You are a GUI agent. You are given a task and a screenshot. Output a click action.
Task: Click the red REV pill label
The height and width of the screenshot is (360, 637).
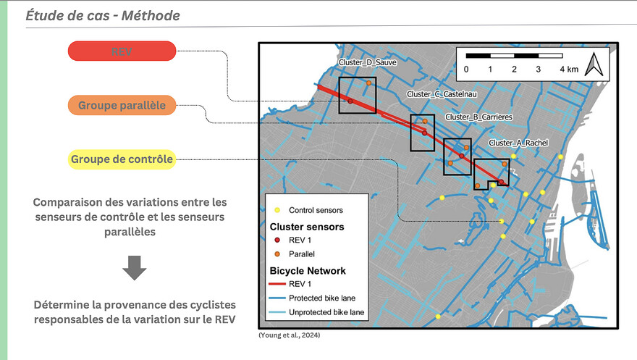pyautogui.click(x=122, y=51)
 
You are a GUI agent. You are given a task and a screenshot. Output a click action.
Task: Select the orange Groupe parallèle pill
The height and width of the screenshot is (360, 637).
pyautogui.click(x=122, y=105)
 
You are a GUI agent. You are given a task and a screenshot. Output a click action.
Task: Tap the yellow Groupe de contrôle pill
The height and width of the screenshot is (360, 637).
pyautogui.click(x=122, y=159)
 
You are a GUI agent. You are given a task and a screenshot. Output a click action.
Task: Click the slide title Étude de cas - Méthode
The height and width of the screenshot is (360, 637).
pyautogui.click(x=103, y=15)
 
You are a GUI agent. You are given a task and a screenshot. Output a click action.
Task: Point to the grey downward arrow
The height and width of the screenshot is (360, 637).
pyautogui.click(x=135, y=268)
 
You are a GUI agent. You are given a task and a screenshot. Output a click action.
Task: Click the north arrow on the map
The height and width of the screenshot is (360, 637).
pyautogui.click(x=594, y=64)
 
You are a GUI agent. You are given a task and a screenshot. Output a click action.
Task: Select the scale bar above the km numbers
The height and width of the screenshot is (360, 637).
pyautogui.click(x=515, y=56)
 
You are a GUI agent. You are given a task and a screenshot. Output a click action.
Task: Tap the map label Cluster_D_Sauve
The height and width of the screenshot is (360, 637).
pyautogui.click(x=367, y=62)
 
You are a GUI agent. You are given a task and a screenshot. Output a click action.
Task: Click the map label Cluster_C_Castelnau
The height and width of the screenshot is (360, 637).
pyautogui.click(x=442, y=94)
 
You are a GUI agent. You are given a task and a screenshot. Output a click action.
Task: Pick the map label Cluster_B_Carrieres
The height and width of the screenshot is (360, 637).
pyautogui.click(x=479, y=117)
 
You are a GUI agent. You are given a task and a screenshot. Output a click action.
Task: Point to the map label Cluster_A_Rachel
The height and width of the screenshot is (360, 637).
pyautogui.click(x=518, y=143)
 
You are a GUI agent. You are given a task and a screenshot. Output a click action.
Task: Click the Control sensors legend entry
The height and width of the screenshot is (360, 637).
pyautogui.click(x=309, y=210)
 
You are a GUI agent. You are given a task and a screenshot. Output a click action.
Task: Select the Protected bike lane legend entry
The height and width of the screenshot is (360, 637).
pyautogui.click(x=312, y=298)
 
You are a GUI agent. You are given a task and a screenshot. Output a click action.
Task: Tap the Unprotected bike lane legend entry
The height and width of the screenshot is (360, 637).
pyautogui.click(x=316, y=312)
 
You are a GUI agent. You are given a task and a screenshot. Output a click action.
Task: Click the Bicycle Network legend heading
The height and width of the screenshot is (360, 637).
pyautogui.click(x=308, y=271)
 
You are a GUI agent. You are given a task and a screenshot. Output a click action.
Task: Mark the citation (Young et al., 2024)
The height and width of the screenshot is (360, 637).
pyautogui.click(x=290, y=335)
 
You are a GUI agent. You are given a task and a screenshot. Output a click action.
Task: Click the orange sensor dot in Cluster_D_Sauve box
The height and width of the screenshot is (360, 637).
pyautogui.click(x=368, y=83)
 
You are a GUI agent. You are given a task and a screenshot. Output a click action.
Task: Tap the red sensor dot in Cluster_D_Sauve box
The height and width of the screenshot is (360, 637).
pyautogui.click(x=350, y=101)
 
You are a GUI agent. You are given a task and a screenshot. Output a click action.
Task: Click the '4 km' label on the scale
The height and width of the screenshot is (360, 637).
pyautogui.click(x=569, y=69)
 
